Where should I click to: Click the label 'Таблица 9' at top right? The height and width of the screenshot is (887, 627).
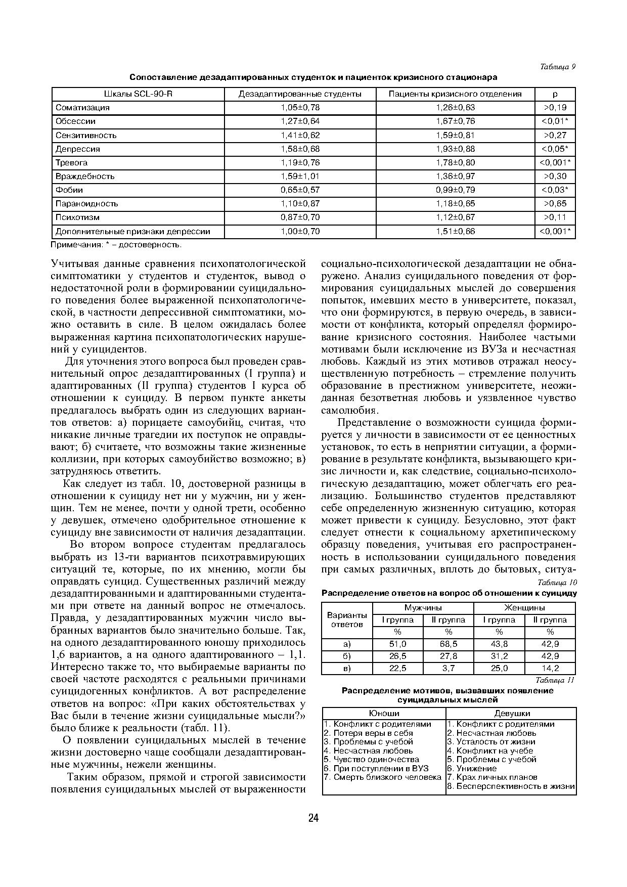tap(558, 67)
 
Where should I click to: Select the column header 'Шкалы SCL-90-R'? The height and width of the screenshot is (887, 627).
tap(138, 94)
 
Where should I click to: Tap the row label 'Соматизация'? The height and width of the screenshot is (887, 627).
tap(82, 108)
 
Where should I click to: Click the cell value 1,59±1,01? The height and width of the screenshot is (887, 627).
tap(300, 176)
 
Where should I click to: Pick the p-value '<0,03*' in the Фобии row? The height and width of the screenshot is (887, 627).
tap(555, 190)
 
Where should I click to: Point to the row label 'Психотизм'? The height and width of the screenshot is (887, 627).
tap(77, 217)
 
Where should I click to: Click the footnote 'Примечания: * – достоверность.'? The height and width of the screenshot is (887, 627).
tap(116, 245)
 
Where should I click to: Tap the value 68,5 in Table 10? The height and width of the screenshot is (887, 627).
tap(448, 644)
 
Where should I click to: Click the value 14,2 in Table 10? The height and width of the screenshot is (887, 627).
tap(550, 669)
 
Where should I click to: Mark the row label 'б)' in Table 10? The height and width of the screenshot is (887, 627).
tap(347, 656)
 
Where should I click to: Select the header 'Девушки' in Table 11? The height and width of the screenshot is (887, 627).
tap(511, 714)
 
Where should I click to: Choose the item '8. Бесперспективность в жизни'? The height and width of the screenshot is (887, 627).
tap(511, 786)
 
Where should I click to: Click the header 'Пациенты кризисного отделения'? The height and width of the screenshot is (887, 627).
tap(455, 94)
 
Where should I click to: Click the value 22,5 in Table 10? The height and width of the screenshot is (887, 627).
tap(397, 669)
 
